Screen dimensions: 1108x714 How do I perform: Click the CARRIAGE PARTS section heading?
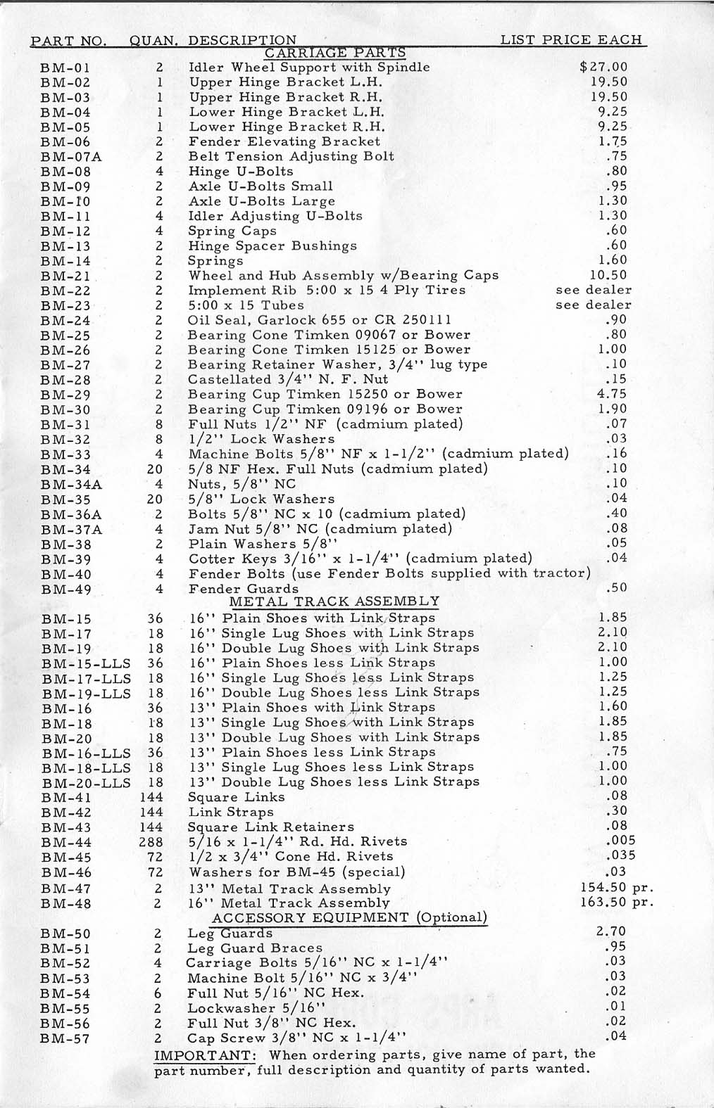[x=335, y=53]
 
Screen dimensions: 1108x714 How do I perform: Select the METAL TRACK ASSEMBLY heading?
[x=334, y=601]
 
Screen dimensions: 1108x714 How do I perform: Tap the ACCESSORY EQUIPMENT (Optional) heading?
[x=349, y=917]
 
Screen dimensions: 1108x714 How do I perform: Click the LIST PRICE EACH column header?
[x=571, y=40]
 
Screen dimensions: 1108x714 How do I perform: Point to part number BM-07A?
[x=71, y=157]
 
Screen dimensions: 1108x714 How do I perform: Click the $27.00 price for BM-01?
[x=603, y=68]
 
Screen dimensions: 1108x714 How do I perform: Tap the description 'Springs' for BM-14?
[x=215, y=261]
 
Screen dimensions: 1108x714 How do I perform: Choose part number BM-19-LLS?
[x=86, y=694]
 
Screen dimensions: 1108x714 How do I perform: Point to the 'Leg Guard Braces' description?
[x=255, y=948]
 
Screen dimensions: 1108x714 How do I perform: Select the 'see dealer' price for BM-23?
[x=594, y=305]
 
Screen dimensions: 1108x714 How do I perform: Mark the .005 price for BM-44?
[x=620, y=841]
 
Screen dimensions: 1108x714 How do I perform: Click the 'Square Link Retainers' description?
[x=270, y=827]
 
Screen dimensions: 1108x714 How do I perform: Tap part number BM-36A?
[x=71, y=514]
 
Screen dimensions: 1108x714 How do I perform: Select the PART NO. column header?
[x=68, y=41]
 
